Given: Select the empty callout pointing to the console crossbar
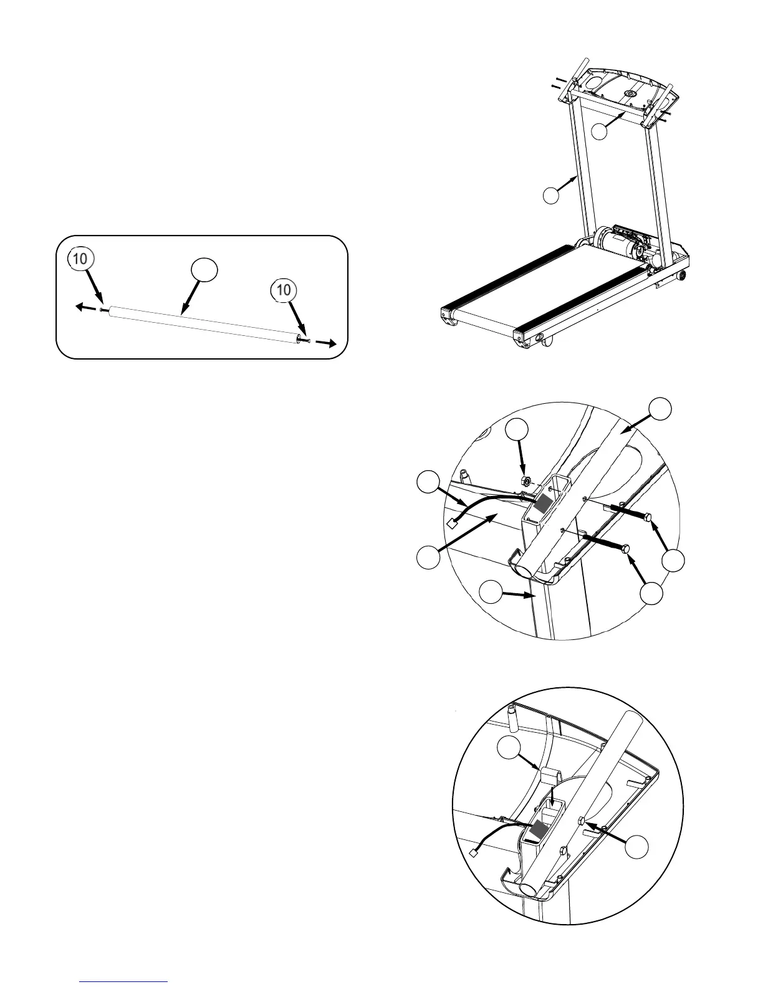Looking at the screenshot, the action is pos(600,131).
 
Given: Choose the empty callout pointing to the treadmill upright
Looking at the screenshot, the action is pos(550,196).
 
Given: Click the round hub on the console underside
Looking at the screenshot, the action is pos(628,93).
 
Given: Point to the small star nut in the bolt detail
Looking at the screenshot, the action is pos(526,481).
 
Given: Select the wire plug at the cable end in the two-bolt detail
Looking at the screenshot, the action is pos(453,524).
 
